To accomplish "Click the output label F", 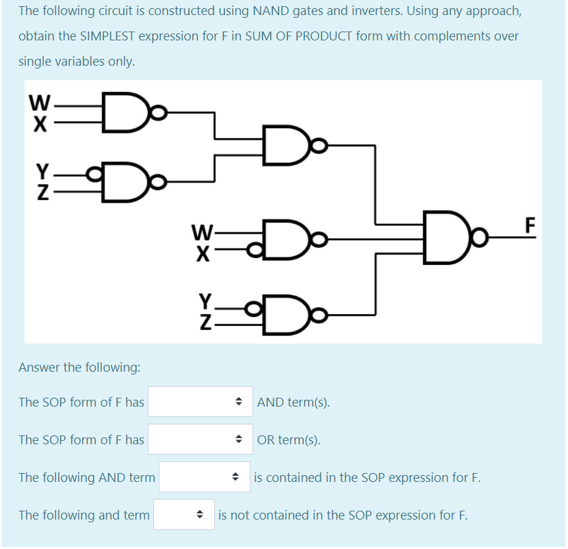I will [x=528, y=225].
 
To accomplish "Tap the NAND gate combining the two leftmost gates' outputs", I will [x=281, y=146].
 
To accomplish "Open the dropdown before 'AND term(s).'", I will [x=198, y=402].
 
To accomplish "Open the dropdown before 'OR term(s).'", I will [x=198, y=439].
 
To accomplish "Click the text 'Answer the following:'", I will [x=79, y=368].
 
